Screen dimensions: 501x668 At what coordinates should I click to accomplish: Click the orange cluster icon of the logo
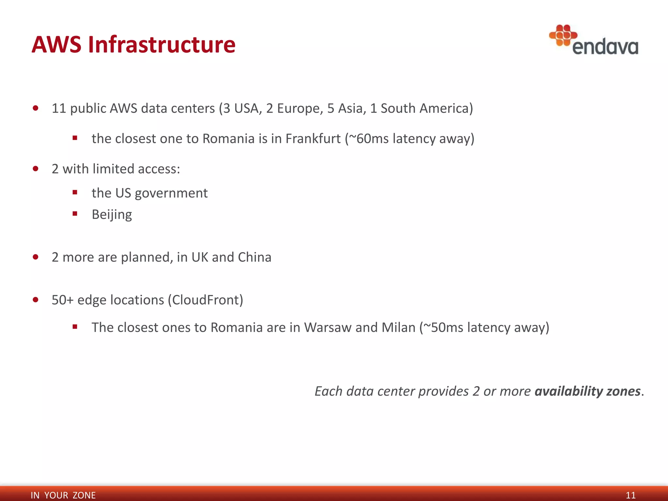pyautogui.click(x=563, y=35)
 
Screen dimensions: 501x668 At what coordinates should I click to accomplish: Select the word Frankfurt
pyautogui.click(x=313, y=139)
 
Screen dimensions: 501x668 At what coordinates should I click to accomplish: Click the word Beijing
pyautogui.click(x=112, y=215)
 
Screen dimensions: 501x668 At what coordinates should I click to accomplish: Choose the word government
pyautogui.click(x=171, y=193)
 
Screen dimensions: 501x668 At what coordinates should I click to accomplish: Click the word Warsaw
pyautogui.click(x=327, y=327)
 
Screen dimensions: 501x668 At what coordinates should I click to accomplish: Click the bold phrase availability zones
pyautogui.click(x=587, y=391)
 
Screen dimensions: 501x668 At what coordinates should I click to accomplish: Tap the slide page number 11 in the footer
pyautogui.click(x=630, y=495)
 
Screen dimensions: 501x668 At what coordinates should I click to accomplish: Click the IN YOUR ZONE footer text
pyautogui.click(x=63, y=495)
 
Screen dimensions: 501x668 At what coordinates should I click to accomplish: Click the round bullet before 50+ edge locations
pyautogui.click(x=36, y=300)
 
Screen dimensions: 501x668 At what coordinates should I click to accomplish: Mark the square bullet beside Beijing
pyautogui.click(x=75, y=214)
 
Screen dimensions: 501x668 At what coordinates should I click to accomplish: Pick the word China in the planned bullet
pyautogui.click(x=254, y=257)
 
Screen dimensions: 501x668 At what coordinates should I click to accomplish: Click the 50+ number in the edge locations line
pyautogui.click(x=63, y=300)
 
